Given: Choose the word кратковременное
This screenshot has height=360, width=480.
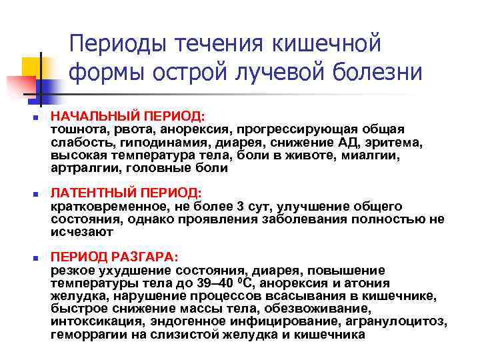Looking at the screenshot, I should pos(103,206).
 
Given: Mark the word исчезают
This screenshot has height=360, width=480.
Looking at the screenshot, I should pos(81,232).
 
